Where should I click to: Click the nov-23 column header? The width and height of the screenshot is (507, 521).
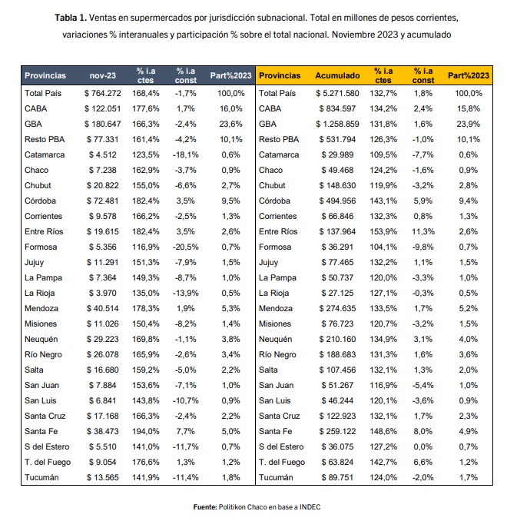(x=103, y=75)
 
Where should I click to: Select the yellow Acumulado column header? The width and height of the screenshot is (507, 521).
(x=337, y=75)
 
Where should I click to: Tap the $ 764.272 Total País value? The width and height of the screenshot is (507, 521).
(x=103, y=94)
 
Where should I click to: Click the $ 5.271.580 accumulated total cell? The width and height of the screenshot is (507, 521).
(x=337, y=94)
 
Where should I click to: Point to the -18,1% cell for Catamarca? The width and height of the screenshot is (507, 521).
(x=185, y=154)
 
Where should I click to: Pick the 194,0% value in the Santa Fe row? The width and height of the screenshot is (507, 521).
(x=145, y=431)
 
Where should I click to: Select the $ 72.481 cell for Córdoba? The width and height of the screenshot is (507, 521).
(x=103, y=201)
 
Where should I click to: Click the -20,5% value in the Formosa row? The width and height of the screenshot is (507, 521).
(x=185, y=247)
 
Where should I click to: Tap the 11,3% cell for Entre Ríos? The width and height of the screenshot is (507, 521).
(x=423, y=231)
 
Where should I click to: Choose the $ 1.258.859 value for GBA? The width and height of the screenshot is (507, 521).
(x=337, y=124)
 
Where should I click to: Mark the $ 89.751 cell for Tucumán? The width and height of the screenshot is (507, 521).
(x=337, y=477)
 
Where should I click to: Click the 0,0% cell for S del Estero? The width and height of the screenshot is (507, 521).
(x=423, y=446)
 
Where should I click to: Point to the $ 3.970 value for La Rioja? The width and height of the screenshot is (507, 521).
(x=103, y=293)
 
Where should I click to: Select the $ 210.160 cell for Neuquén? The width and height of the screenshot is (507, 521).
(x=337, y=339)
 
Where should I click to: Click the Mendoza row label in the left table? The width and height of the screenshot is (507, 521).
(x=41, y=308)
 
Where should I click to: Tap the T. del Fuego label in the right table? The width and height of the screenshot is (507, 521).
(x=282, y=462)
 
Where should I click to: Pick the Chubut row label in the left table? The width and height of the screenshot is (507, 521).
(x=38, y=185)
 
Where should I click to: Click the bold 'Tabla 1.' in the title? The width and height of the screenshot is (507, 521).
(x=71, y=18)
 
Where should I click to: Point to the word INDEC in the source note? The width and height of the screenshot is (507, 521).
(x=310, y=507)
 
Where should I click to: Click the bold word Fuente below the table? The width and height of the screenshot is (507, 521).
(x=205, y=507)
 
